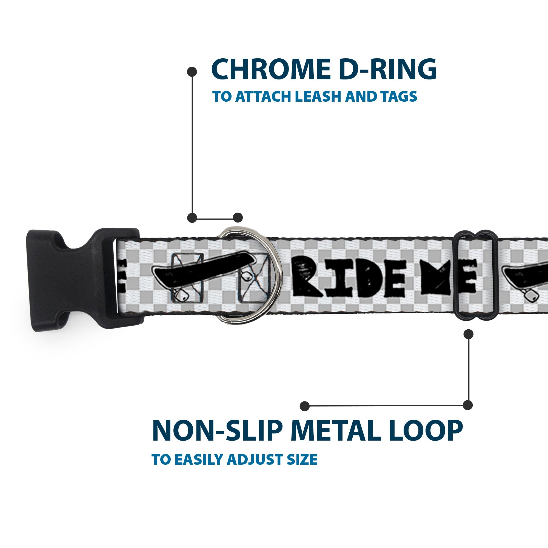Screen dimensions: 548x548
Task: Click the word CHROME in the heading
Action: (x=270, y=70)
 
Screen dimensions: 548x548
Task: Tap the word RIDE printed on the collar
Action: (x=347, y=279)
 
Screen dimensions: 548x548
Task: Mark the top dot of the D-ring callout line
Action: (x=192, y=72)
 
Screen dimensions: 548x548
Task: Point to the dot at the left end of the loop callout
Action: (x=305, y=406)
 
